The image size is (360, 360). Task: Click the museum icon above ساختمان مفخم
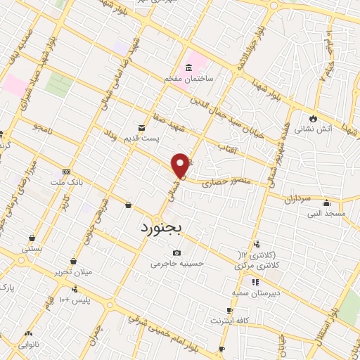coord(188,69)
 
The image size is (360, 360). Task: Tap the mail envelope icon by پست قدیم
coord(143,127)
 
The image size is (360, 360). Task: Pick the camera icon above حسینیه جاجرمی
coord(176,253)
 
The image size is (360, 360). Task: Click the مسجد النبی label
coord(330,212)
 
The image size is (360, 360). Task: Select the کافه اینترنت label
coord(228,321)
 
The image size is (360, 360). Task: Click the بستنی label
coord(32,247)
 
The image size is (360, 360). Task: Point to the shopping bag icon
coord(128,205)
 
